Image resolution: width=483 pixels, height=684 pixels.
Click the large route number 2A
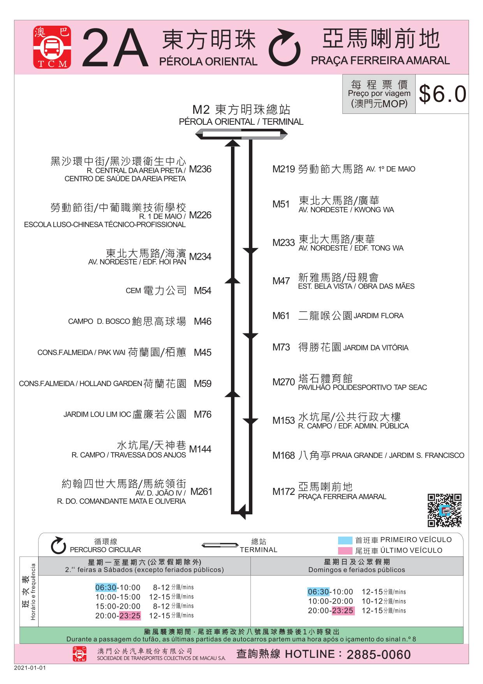[115, 48]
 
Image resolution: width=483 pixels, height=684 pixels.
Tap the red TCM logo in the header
[52, 48]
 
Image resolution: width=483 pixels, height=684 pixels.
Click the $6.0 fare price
[442, 94]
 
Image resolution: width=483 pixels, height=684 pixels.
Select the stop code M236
[200, 169]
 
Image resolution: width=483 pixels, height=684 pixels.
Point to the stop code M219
[284, 169]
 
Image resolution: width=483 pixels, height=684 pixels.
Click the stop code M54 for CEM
[203, 291]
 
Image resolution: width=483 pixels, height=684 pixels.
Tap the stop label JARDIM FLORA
[379, 316]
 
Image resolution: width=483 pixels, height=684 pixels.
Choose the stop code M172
[284, 492]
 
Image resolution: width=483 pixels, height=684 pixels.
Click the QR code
[444, 510]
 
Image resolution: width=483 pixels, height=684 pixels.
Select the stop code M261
[201, 492]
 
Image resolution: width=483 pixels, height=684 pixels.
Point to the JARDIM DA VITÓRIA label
[376, 348]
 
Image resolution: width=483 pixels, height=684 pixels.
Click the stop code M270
[284, 382]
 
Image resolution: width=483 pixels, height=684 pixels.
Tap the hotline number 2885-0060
[379, 655]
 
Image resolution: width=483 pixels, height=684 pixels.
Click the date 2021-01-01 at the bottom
[30, 668]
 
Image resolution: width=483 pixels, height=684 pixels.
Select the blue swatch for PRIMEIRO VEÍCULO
[345, 540]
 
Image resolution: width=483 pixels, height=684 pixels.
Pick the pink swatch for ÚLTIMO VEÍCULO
[345, 551]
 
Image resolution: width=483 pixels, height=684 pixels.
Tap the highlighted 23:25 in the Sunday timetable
[343, 611]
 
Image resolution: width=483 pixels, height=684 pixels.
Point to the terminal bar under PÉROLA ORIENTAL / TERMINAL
[241, 135]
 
